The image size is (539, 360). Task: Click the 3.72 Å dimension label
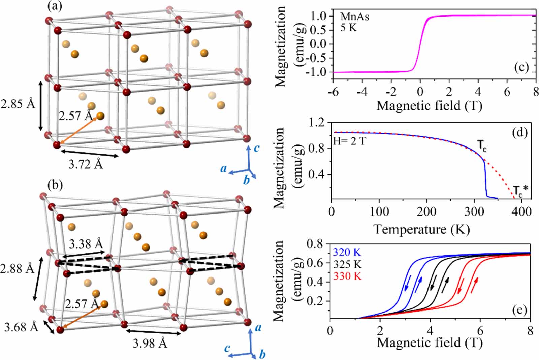86,165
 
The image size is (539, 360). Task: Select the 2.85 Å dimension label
18,104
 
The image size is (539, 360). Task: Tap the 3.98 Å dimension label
150,343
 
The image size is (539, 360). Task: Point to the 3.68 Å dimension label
21,327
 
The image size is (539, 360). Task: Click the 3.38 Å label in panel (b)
86,244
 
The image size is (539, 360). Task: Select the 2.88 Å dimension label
17,269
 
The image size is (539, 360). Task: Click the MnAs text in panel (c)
354,17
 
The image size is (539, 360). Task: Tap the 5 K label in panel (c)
348,28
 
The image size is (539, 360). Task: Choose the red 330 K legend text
347,276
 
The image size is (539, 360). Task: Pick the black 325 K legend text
347,264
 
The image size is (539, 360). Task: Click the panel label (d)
519,133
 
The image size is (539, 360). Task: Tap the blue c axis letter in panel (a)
257,148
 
